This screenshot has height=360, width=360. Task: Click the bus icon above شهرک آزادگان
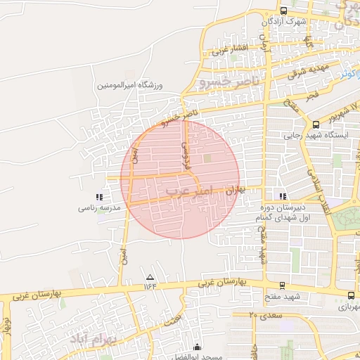coord(283,11)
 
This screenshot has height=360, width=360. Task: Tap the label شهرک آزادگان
coord(283,22)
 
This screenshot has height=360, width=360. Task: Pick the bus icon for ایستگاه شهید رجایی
coord(316,124)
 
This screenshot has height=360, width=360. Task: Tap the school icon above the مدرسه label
coord(99,198)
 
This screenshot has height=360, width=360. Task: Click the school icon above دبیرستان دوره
coord(283,197)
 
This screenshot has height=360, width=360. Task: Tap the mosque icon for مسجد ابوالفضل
coord(197,347)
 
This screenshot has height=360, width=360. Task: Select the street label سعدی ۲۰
coord(265,316)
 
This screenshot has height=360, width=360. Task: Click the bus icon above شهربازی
coord(351,295)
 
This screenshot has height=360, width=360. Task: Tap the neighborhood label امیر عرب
coord(186,191)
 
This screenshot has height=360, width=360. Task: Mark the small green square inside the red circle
coord(207,158)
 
